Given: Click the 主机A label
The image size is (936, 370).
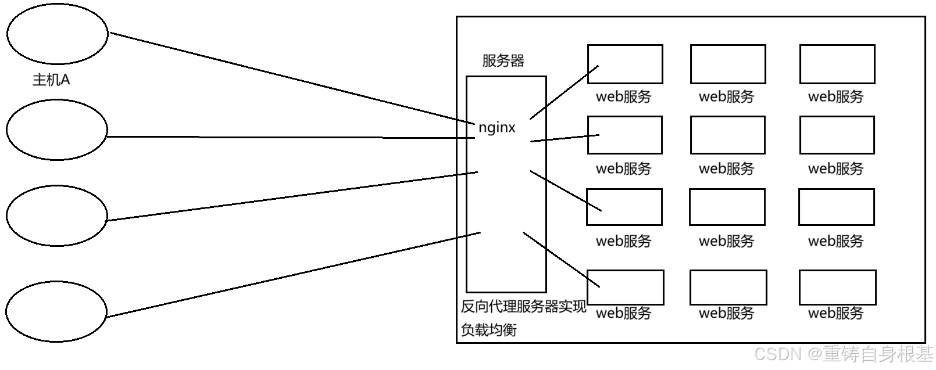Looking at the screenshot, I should tap(51, 80).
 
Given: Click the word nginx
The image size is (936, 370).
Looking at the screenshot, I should tap(496, 127).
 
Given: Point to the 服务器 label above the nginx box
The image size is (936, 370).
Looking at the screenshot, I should tap(503, 60).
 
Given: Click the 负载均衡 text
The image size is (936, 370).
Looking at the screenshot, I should tap(488, 330).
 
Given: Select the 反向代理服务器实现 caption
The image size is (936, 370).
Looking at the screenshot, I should tap(523, 306).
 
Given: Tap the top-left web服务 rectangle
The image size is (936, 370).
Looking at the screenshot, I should tap(625, 64).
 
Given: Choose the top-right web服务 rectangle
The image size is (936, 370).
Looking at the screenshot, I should tap(837, 64).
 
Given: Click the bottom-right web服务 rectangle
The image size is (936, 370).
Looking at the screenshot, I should tap(837, 287).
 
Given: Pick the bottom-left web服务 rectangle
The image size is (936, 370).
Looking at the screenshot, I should tap(625, 287).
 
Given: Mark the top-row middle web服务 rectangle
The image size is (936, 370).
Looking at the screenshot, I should tap(728, 64).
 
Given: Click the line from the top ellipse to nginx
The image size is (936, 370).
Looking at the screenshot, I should tap(291, 78).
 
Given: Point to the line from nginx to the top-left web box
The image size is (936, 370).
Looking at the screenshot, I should tap(564, 92).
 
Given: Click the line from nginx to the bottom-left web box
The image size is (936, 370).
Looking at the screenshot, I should tap(561, 259).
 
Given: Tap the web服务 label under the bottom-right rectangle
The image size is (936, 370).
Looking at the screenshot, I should tap(835, 313).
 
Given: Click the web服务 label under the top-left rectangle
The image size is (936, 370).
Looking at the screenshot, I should tap(623, 96).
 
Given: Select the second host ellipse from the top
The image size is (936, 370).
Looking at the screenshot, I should tap(57, 129).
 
